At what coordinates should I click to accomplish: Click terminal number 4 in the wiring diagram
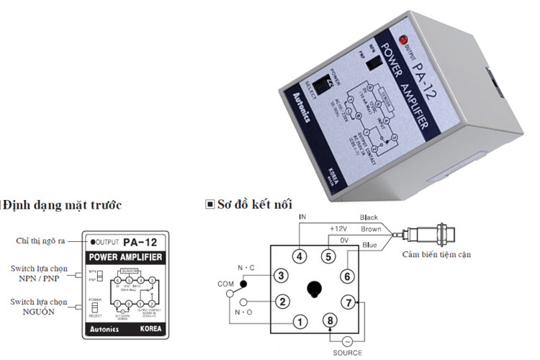click(x=300, y=256)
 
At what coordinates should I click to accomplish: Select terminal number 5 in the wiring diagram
click(x=328, y=256)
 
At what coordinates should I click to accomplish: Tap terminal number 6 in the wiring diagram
click(x=346, y=276)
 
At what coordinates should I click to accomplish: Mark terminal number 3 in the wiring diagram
click(x=282, y=275)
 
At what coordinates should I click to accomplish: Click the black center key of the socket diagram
click(x=314, y=289)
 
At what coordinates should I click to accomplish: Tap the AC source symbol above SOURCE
click(x=348, y=341)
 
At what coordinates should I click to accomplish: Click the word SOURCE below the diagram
click(x=348, y=353)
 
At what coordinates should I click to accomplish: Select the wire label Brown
click(x=372, y=228)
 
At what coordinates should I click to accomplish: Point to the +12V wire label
click(x=338, y=228)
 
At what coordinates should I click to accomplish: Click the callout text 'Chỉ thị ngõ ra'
click(x=42, y=240)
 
